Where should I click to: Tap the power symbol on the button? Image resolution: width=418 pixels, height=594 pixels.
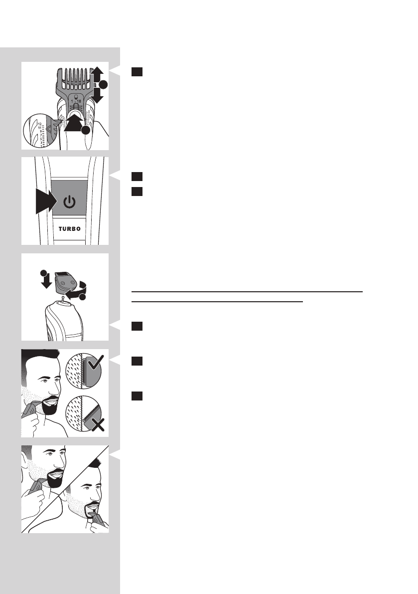pyautogui.click(x=70, y=202)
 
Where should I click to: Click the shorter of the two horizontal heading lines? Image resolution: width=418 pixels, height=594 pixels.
pyautogui.click(x=217, y=301)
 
